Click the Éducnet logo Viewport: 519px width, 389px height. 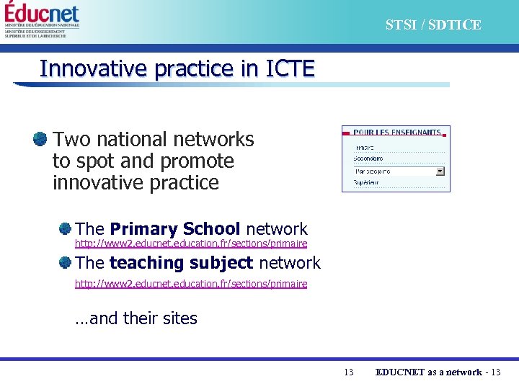(42, 14)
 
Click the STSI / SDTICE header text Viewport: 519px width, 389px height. (432, 25)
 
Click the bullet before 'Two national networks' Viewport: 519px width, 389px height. (40, 138)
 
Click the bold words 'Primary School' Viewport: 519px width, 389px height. (175, 229)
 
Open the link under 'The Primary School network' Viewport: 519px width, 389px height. (191, 243)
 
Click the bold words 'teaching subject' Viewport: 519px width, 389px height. (181, 263)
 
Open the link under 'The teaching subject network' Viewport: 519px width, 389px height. (191, 284)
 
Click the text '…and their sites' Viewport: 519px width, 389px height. (136, 318)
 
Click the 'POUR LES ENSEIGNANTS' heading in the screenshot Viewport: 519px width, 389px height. (396, 133)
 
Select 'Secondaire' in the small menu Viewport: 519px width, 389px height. (368, 158)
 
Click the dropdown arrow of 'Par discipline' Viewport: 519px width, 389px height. (440, 171)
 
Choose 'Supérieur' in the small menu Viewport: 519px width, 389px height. (367, 184)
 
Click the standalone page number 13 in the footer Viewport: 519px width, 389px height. (349, 372)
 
